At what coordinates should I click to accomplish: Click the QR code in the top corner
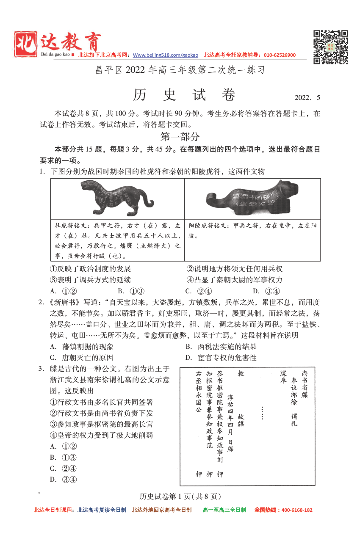click(331, 47)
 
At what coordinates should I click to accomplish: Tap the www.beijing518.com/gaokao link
click(165, 55)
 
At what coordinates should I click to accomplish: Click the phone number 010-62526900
click(280, 55)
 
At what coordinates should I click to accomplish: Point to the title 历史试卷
click(184, 95)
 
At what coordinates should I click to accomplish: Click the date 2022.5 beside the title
click(307, 98)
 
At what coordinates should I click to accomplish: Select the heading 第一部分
click(180, 137)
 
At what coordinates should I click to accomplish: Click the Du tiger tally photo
click(117, 198)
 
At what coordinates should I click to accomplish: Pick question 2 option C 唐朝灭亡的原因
click(82, 358)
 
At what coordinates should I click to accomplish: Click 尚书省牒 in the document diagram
click(305, 383)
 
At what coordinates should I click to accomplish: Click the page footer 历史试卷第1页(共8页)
click(180, 497)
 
